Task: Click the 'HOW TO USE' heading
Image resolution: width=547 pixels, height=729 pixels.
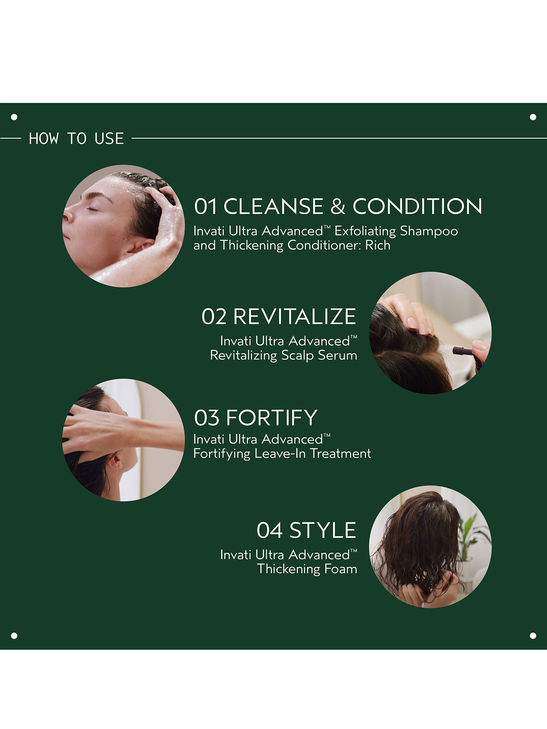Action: point(76,139)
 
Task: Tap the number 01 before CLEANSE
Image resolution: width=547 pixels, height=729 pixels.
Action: point(206,206)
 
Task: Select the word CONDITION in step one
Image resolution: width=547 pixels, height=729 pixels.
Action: point(417,206)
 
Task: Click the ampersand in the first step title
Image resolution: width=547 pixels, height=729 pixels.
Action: point(338,206)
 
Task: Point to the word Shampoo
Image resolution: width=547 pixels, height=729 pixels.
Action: point(429,231)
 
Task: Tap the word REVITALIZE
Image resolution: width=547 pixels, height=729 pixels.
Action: point(295,316)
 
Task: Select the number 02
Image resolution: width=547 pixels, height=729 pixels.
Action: point(214,316)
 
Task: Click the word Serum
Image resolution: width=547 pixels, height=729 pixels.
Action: point(337,355)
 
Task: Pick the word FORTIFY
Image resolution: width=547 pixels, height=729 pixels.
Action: point(271,418)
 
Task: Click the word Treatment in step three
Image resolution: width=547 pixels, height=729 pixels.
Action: point(340,453)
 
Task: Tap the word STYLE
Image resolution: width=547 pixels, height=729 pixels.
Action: point(323,530)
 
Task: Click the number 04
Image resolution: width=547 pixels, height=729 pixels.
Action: point(269,530)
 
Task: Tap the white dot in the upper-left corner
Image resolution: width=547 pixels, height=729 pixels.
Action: point(14,117)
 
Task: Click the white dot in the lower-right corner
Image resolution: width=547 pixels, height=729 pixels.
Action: point(533,635)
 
